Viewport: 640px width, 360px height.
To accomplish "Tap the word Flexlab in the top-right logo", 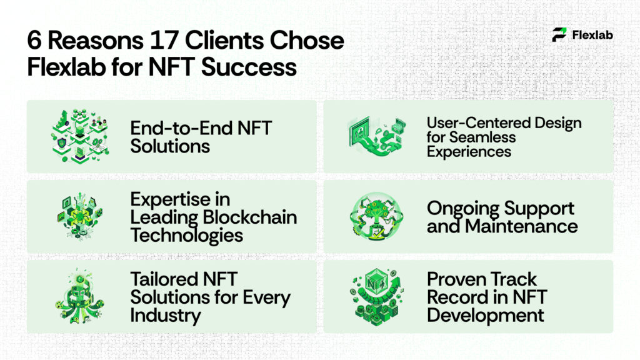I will point(592,35).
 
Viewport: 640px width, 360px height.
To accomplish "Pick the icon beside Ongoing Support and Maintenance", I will point(374,217).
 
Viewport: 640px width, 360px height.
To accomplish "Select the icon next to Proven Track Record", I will point(374,296).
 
